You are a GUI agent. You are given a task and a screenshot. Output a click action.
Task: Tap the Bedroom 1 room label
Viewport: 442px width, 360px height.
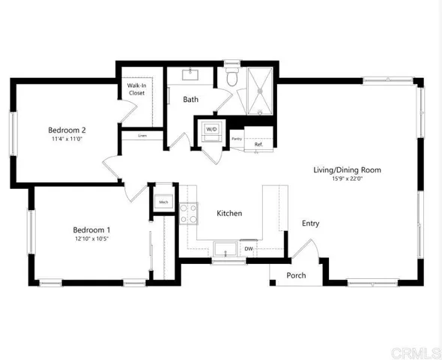pyautogui.click(x=91, y=229)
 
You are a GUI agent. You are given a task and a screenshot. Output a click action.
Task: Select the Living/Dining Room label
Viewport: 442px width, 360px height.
pyautogui.click(x=347, y=170)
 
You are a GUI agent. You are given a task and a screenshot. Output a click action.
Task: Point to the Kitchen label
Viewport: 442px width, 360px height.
pyautogui.click(x=229, y=214)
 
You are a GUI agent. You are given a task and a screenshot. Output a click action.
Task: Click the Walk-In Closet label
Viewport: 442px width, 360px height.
pyautogui.click(x=136, y=90)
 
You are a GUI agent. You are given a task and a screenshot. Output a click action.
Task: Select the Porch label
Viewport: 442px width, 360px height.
pyautogui.click(x=296, y=275)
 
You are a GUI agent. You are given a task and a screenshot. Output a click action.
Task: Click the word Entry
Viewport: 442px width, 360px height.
pyautogui.click(x=310, y=223)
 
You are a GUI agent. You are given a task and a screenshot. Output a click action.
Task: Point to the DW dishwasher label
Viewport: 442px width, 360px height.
pyautogui.click(x=248, y=249)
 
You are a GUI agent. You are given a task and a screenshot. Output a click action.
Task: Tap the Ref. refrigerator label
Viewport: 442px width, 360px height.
pyautogui.click(x=258, y=144)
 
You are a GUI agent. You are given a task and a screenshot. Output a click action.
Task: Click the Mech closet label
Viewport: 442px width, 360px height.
pyautogui.click(x=163, y=202)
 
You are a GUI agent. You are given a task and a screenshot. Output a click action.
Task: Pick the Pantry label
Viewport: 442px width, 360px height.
pyautogui.click(x=236, y=139)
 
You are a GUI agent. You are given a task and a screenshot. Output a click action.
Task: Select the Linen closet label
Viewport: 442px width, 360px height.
pyautogui.click(x=142, y=136)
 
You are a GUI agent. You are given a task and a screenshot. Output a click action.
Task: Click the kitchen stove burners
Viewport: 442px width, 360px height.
pyautogui.click(x=188, y=214)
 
